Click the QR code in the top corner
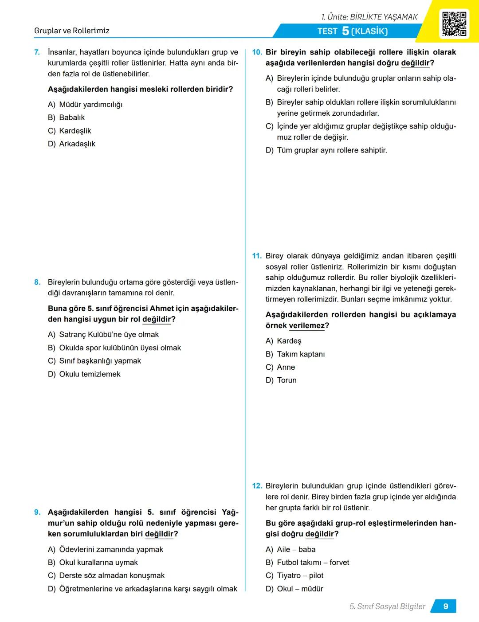(454, 23)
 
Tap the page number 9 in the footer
(445, 606)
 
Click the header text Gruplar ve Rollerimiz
(72, 31)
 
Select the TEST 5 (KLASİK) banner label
(353, 31)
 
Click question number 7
(37, 52)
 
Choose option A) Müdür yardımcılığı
(85, 105)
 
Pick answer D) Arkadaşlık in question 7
(71, 144)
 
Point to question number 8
(37, 282)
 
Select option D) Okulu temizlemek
(84, 374)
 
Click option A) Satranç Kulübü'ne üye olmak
(103, 335)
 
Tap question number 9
(37, 512)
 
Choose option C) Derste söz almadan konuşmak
(106, 575)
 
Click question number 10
(257, 52)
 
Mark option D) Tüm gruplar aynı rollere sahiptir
(326, 150)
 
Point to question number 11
(257, 256)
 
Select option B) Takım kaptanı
(295, 354)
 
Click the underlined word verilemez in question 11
(306, 326)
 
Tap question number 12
(257, 486)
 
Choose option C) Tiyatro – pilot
(294, 575)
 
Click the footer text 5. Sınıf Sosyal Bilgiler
(387, 606)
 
